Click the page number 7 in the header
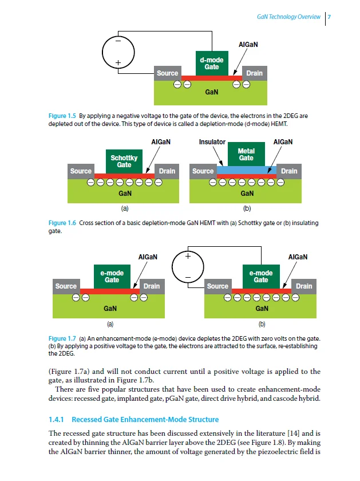click(329, 17)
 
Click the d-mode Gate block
click(211, 64)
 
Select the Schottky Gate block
click(124, 161)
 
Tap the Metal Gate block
click(246, 155)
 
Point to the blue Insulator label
click(212, 141)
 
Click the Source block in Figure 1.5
click(167, 73)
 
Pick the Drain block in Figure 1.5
click(254, 73)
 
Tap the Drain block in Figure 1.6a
click(167, 171)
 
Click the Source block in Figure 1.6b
click(203, 171)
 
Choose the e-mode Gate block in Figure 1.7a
click(112, 277)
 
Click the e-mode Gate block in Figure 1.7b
click(261, 277)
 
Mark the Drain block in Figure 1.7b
click(304, 286)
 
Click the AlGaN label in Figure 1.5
click(247, 44)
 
